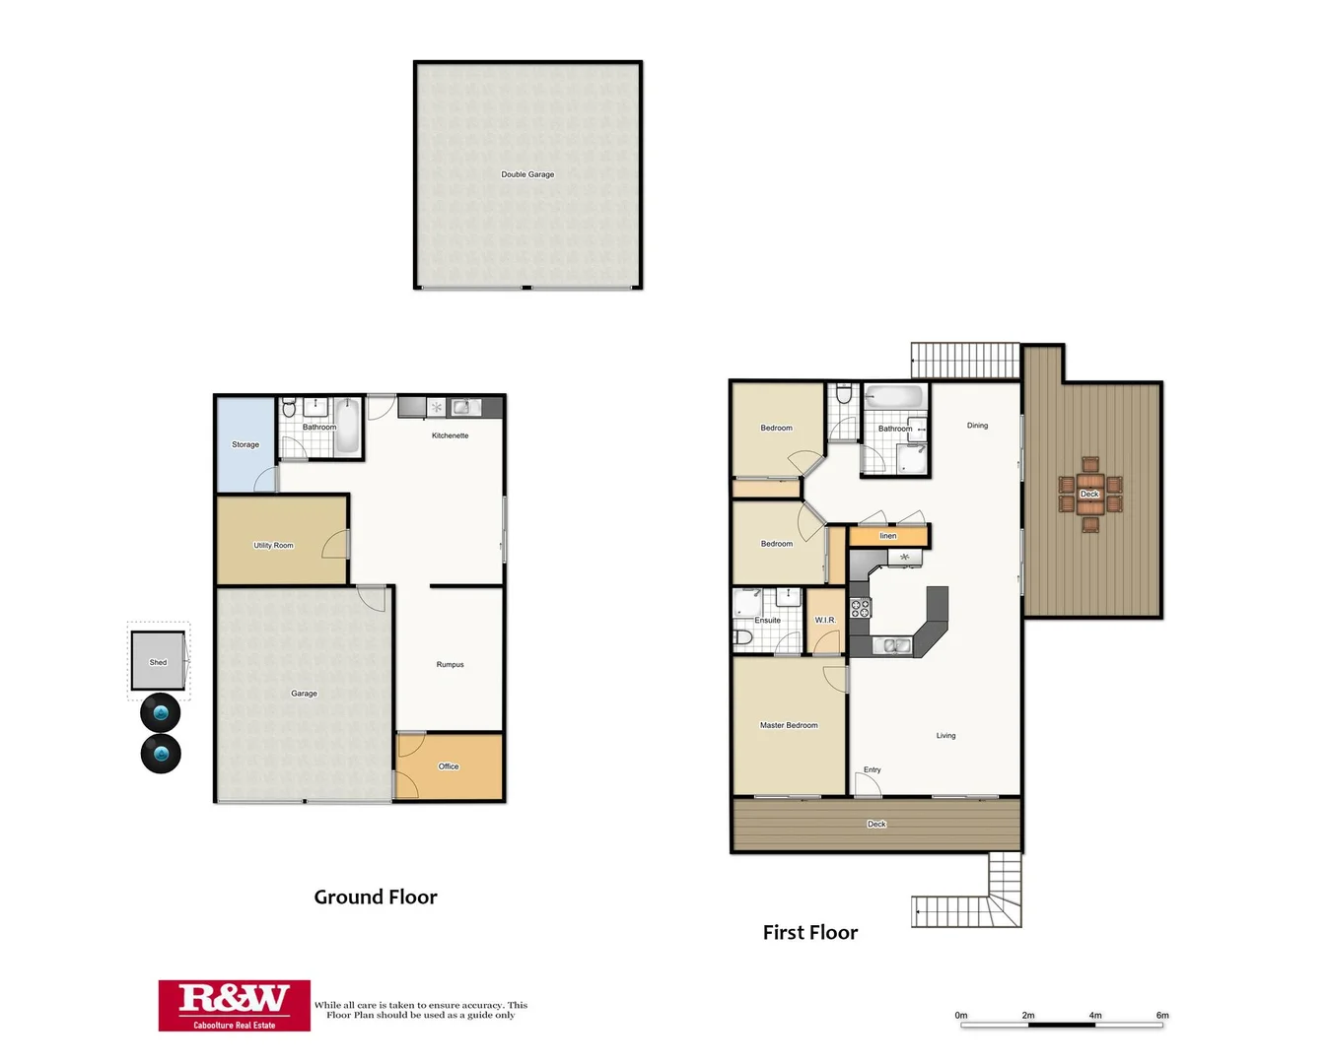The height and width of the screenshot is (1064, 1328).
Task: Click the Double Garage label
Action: [527, 174]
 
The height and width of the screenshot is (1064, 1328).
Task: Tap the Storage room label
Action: [245, 444]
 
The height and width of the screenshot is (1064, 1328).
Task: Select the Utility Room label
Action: [273, 545]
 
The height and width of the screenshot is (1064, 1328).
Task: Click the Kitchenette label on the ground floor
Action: [450, 435]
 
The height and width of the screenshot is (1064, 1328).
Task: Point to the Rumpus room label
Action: [450, 665]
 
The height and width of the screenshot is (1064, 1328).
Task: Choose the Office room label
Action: [449, 766]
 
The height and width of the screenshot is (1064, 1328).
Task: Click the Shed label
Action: [158, 662]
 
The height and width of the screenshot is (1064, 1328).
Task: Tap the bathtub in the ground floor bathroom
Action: [347, 427]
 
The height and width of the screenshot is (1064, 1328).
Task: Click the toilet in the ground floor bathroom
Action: [289, 408]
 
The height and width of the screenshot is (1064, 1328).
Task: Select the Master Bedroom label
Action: [789, 725]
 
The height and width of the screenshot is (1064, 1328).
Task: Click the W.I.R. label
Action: [825, 620]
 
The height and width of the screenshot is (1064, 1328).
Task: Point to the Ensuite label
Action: [767, 620]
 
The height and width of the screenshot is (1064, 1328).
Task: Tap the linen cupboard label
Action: [888, 536]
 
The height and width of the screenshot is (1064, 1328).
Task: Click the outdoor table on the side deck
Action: [1089, 494]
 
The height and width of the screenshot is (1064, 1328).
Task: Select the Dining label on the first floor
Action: [977, 426]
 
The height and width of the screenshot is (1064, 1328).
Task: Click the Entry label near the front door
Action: [873, 769]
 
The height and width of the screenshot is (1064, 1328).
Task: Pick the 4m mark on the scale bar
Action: [1095, 1015]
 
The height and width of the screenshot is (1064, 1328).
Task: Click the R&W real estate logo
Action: [235, 1005]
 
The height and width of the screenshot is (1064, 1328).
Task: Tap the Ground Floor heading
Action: [376, 897]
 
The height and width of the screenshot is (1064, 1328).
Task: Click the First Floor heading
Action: [810, 932]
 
